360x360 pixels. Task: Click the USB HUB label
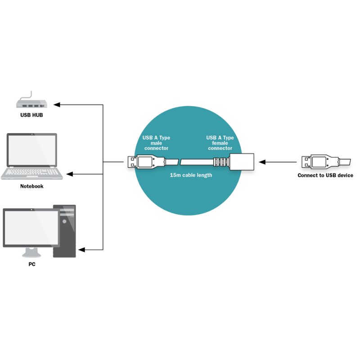[31, 115]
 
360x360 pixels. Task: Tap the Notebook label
[31, 186]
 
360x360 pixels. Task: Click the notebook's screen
[31, 150]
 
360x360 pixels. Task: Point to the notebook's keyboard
[31, 172]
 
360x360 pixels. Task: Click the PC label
[31, 264]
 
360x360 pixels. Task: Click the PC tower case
[65, 231]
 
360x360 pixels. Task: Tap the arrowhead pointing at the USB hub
[57, 105]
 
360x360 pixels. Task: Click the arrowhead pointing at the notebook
[69, 174]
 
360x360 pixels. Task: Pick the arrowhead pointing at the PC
[81, 249]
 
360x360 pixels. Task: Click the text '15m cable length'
[191, 175]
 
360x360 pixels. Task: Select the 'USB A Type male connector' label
[156, 143]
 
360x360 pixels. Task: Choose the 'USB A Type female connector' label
[220, 143]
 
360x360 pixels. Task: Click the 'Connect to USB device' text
[325, 175]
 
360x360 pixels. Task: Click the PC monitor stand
[31, 252]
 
